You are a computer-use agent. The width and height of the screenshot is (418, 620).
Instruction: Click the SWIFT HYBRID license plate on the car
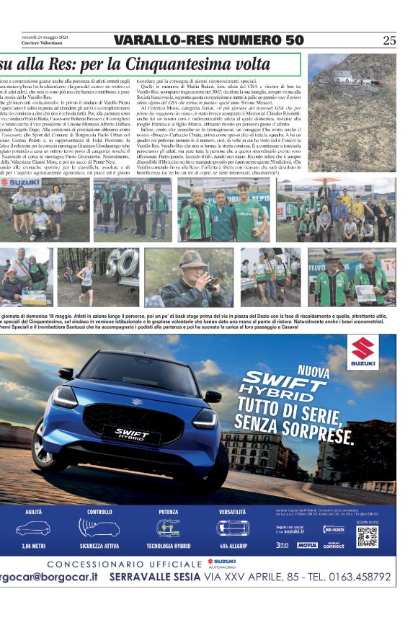click(x=131, y=433)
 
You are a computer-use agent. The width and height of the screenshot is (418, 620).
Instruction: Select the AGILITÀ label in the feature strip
click(x=34, y=512)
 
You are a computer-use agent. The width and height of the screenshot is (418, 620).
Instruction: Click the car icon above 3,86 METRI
click(x=34, y=528)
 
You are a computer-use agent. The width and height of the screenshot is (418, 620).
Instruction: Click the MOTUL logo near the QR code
click(x=306, y=545)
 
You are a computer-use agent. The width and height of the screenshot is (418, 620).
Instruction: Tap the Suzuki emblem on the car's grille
click(x=137, y=401)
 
